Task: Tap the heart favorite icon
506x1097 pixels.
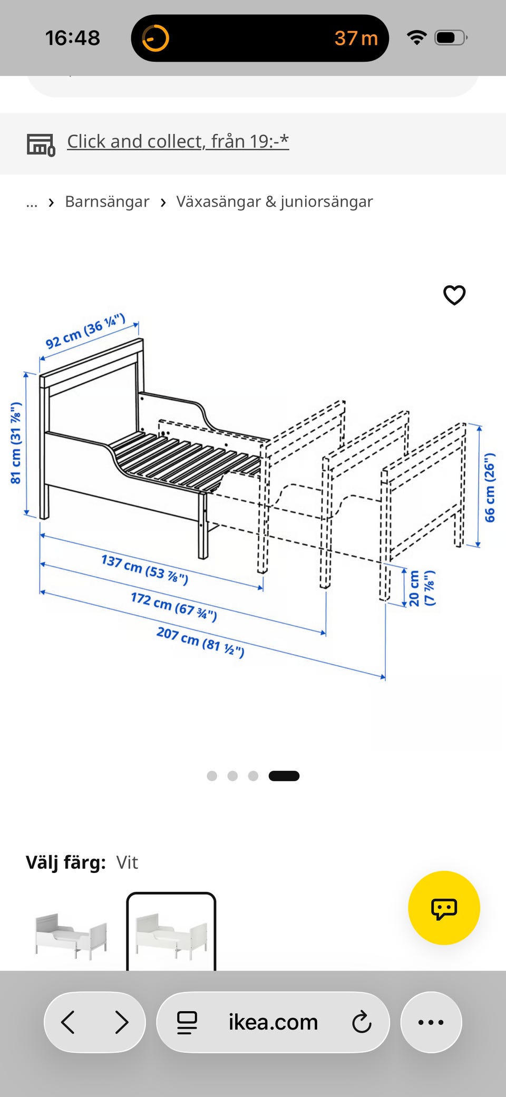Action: (x=454, y=295)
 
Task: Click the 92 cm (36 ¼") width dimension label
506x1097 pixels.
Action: (x=85, y=331)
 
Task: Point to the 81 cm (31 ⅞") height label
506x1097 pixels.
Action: (x=16, y=443)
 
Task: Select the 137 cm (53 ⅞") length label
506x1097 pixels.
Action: (x=144, y=569)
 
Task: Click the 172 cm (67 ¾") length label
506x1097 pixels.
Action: (x=174, y=606)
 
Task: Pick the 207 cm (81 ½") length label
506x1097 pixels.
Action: (x=200, y=642)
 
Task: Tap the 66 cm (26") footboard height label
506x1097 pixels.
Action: (x=490, y=488)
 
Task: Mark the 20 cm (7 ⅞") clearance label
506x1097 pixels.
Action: (x=422, y=588)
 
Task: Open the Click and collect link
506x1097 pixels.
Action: (x=178, y=141)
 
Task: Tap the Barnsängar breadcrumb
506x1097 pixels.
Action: (x=107, y=201)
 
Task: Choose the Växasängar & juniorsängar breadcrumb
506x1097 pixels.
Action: (x=275, y=201)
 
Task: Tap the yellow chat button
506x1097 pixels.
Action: (x=444, y=908)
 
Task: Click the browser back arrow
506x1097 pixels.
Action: (x=68, y=1022)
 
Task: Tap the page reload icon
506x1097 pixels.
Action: (x=362, y=1022)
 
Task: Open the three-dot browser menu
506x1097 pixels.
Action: (x=431, y=1022)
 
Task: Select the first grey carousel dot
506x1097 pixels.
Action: (x=212, y=776)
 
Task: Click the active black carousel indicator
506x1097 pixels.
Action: (x=284, y=776)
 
